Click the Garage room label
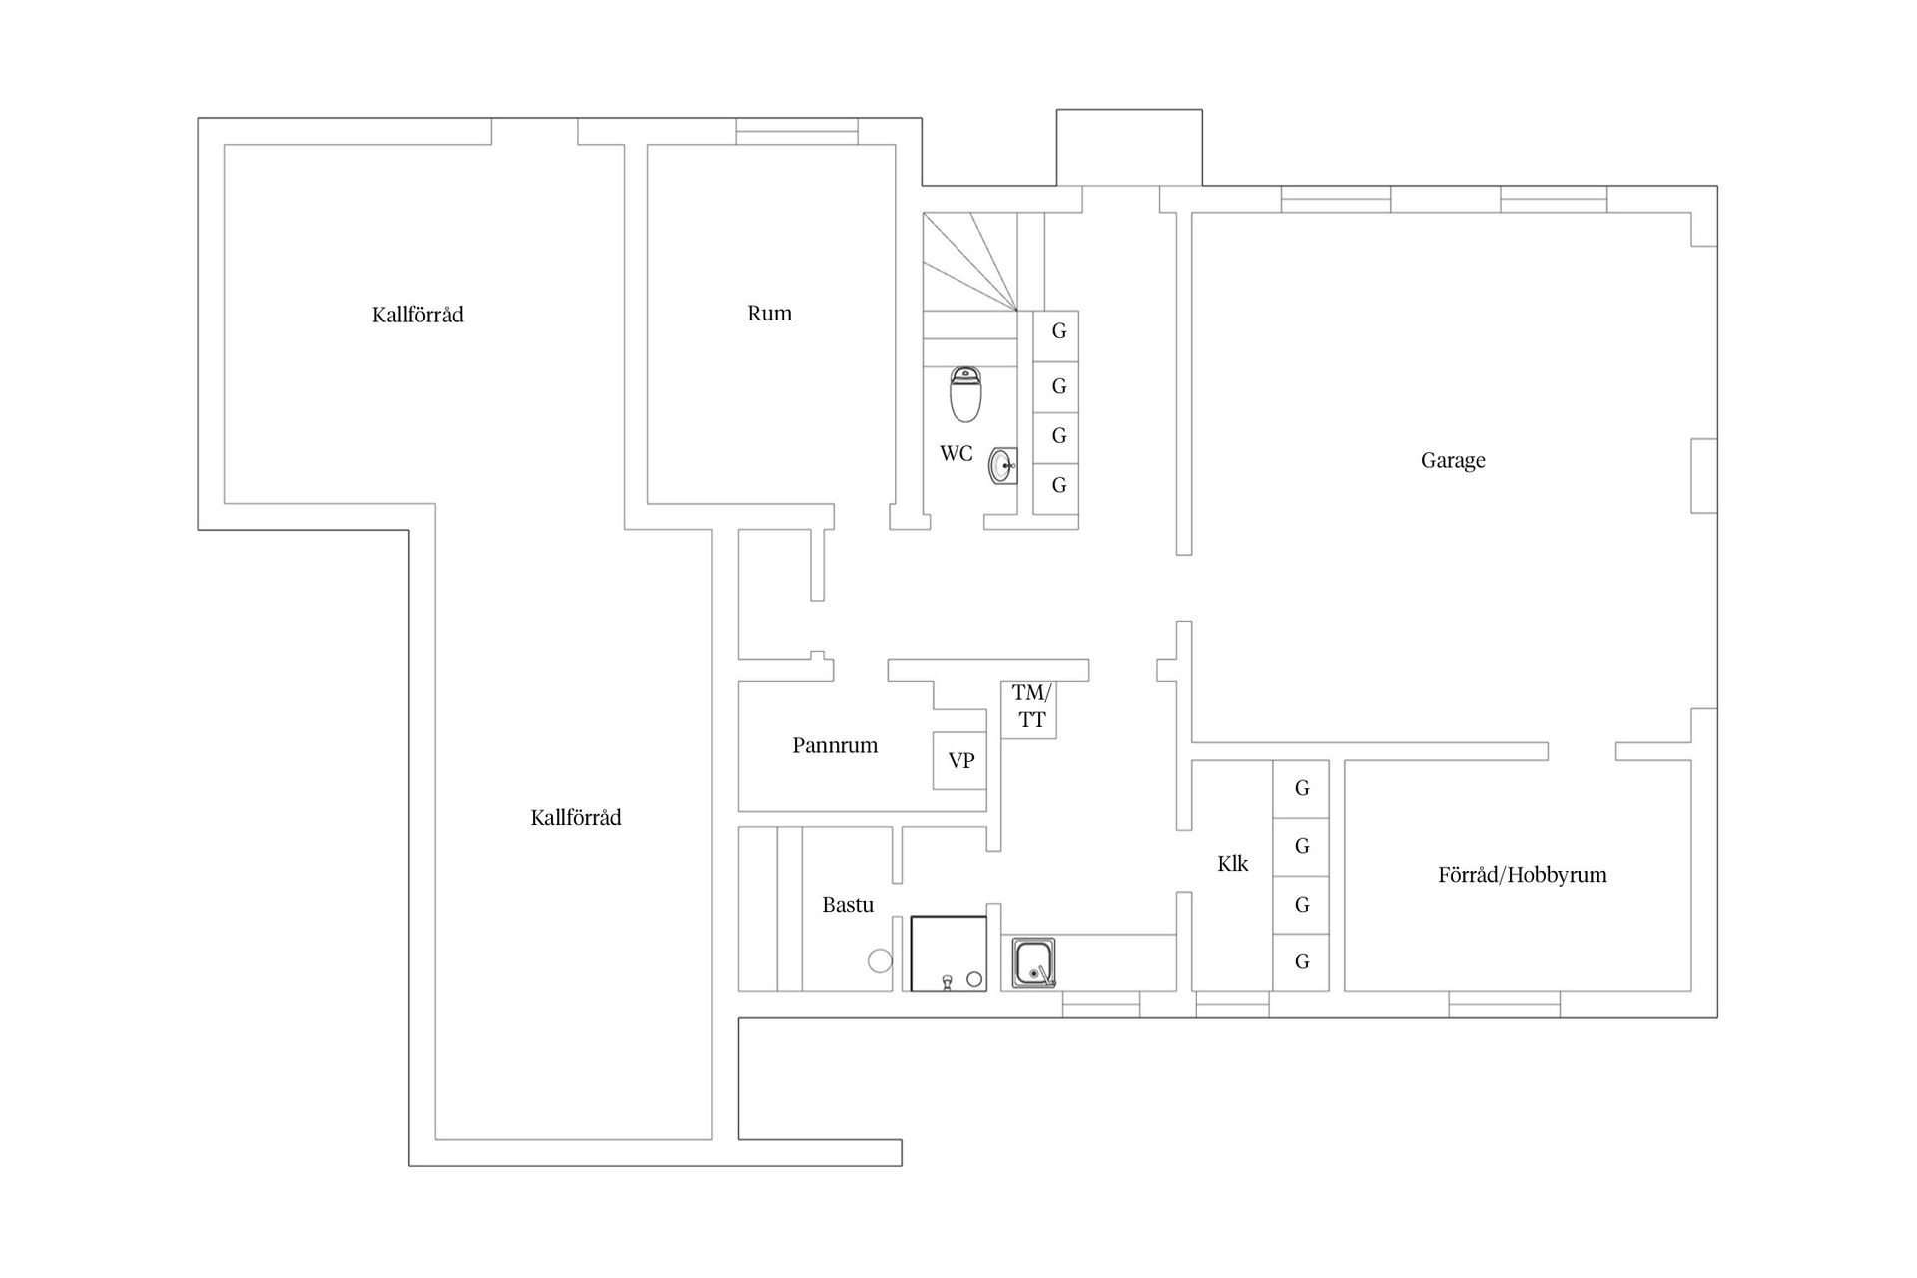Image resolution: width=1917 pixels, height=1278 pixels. [1453, 461]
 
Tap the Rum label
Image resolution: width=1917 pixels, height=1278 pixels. [769, 314]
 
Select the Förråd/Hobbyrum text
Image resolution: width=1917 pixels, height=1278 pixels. [1523, 875]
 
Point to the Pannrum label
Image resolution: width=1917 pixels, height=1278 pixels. [835, 745]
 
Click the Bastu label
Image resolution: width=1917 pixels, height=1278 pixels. [848, 905]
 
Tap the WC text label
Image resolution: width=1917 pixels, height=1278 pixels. [956, 454]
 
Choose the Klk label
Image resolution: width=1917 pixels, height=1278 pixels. [1233, 864]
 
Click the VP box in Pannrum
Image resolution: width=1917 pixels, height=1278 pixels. [959, 760]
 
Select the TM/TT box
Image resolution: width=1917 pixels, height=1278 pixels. [1029, 710]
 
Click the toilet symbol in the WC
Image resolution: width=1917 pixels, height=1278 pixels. [965, 394]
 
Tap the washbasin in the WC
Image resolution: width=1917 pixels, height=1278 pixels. [1003, 465]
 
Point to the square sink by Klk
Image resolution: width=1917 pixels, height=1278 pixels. [1034, 963]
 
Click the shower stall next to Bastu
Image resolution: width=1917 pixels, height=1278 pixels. [949, 954]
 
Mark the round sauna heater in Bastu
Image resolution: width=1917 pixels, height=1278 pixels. [880, 960]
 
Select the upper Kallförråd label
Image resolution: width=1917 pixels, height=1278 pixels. [418, 316]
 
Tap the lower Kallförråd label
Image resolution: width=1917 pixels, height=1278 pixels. [576, 818]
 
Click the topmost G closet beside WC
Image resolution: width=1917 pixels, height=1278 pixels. [1055, 335]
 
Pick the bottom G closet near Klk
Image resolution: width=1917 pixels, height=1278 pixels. [1301, 962]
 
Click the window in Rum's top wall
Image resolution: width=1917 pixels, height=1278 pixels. [797, 132]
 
